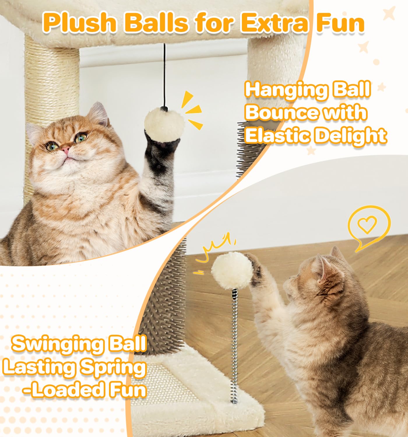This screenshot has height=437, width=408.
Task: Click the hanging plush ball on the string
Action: [164, 124]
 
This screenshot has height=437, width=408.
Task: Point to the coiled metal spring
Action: [235, 346]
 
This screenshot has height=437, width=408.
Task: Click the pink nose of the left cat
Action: [65, 149]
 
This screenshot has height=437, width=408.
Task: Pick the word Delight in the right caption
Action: [350, 136]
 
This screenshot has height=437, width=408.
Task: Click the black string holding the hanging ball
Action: [164, 75]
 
